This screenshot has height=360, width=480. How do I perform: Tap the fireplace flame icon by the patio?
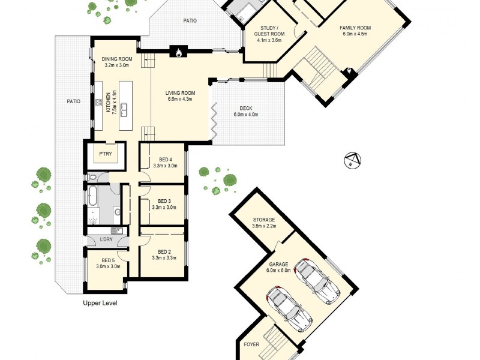tap(178, 53)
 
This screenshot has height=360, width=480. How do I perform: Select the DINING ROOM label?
tap(117, 59)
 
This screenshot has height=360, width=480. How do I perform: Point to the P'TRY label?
tap(106, 154)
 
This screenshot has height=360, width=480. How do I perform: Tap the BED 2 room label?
tap(165, 251)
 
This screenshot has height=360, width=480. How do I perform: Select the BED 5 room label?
tap(108, 260)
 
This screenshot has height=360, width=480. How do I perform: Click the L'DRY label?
tap(106, 240)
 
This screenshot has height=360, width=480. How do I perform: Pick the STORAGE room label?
tap(264, 220)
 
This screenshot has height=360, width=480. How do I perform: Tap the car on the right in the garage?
tap(317, 280)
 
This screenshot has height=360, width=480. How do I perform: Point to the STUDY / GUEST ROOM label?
tap(269, 31)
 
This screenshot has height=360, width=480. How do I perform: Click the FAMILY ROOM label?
tap(355, 28)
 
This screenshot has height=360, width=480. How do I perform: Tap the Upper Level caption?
tap(100, 303)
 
